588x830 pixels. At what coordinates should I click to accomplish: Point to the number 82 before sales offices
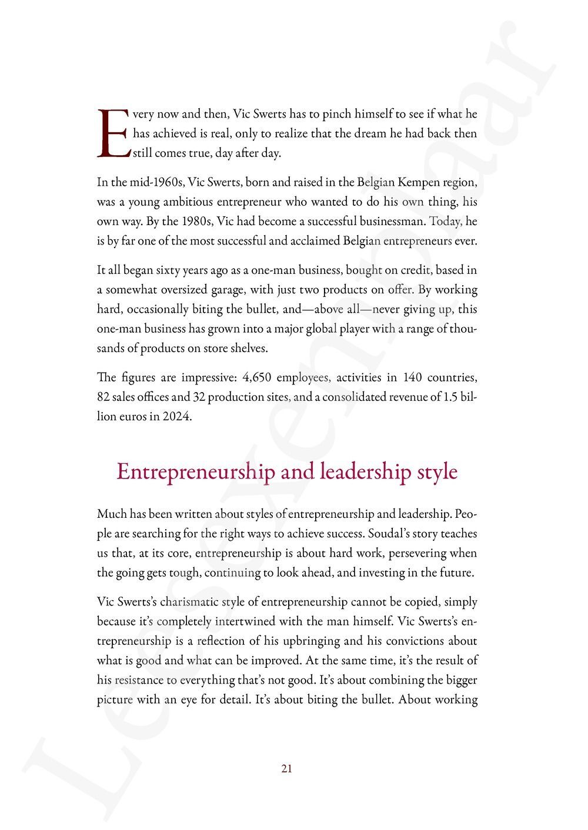(x=103, y=397)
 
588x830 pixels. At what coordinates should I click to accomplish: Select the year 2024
(x=177, y=416)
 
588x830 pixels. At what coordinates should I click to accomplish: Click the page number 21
(x=287, y=768)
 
